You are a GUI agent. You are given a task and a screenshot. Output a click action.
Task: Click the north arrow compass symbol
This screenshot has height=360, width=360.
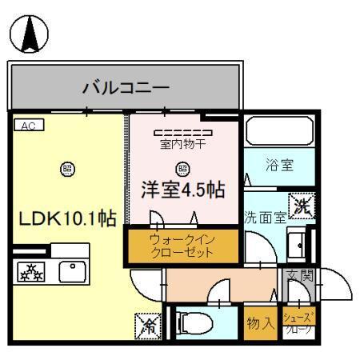coord(29,34)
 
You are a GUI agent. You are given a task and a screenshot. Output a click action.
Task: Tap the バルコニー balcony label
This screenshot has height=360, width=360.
coord(126,86)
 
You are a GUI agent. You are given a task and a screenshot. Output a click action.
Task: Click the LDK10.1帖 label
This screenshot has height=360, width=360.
coord(68,218)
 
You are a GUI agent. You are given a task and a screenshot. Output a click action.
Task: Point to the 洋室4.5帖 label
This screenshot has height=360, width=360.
coord(182,190)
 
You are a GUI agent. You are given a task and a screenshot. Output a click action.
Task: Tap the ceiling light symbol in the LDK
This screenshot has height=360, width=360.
coord(67,169)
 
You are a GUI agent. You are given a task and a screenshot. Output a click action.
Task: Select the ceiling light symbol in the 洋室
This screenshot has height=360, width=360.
coord(182,168)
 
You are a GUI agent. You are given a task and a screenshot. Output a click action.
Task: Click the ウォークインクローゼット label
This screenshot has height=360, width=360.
coord(182,246)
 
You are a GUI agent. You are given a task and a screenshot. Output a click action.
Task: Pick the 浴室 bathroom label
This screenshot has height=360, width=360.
coord(279,166)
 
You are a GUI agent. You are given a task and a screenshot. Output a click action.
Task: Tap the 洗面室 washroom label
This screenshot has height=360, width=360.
coord(265,216)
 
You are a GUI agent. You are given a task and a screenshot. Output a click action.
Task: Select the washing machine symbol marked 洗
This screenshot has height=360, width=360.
coord(301,205)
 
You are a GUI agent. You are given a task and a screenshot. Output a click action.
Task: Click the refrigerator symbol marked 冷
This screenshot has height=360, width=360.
coord(148,324)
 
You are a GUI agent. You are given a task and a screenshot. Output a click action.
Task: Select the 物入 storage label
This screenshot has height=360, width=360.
coord(262,322)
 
